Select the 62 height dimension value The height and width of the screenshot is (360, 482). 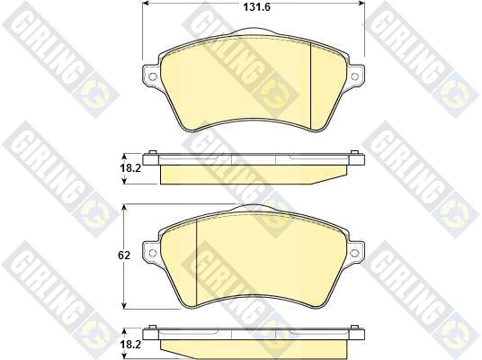click(124, 255)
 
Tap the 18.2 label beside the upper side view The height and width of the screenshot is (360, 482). click(130, 168)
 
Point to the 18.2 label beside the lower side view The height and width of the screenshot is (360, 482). click(130, 345)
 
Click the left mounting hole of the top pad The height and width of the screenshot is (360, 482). click(153, 76)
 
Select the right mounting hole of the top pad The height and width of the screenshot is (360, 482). click(354, 76)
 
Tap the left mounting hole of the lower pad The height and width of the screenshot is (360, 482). click(153, 253)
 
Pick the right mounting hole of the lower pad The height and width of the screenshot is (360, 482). click(354, 253)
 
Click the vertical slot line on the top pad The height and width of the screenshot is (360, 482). click(311, 85)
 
